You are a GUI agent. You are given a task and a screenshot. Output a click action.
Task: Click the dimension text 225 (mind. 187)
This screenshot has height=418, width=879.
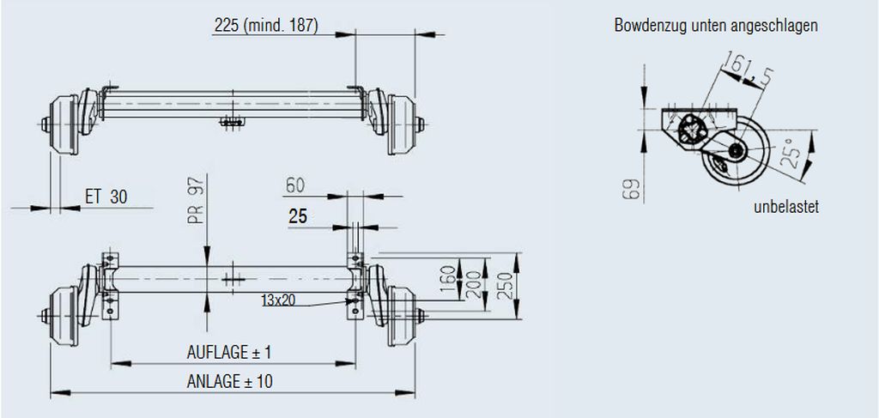point(266,25)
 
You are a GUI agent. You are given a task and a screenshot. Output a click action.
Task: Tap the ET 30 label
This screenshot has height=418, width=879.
point(106,197)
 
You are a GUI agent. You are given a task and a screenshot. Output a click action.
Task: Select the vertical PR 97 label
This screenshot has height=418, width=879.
point(196,199)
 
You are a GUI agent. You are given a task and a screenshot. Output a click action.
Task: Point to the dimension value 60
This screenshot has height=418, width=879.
point(295,185)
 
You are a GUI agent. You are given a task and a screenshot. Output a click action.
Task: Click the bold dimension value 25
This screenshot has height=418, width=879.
point(298,217)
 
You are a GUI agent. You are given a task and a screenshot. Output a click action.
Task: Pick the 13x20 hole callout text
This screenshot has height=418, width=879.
point(278,300)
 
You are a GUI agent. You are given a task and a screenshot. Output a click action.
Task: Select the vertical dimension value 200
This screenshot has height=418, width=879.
point(474,284)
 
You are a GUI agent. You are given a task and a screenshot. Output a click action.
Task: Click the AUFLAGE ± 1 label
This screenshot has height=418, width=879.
point(228,353)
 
